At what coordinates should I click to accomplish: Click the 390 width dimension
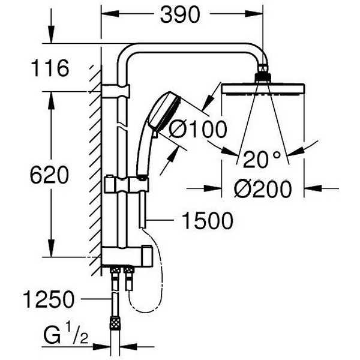coord(180,14)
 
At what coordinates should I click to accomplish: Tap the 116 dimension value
coord(50,68)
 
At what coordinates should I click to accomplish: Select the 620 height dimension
coord(49,175)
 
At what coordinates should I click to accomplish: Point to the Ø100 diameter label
coord(197,129)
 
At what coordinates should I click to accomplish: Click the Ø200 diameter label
coord(263,189)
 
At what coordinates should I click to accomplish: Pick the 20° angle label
coord(262,159)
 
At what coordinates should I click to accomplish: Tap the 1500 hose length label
coord(208,221)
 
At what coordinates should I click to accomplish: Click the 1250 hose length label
coord(49,299)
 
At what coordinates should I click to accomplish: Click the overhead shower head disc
coord(263,89)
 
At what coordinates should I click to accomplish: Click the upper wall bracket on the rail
coord(116,91)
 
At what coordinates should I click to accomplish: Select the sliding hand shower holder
coord(127,184)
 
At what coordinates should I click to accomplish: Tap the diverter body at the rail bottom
coord(127,256)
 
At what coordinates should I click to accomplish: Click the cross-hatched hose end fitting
coord(115,322)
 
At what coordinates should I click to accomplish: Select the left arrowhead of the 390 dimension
coord(110,14)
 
